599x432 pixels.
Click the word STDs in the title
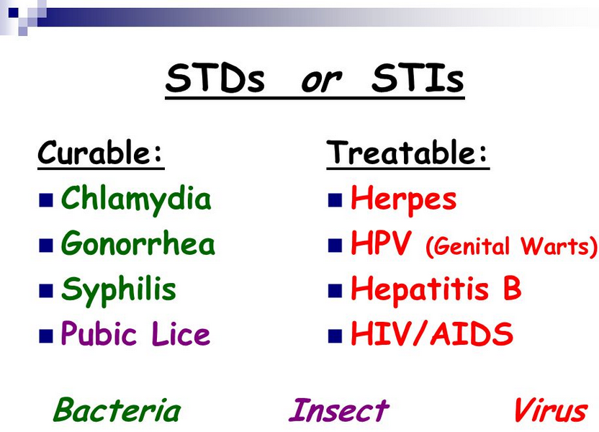tap(215, 78)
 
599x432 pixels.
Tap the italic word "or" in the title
tap(321, 80)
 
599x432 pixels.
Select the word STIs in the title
tap(418, 78)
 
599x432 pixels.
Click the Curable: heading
tap(101, 152)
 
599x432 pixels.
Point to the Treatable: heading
tap(407, 152)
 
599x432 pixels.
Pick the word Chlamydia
tap(136, 199)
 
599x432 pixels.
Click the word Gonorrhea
tap(138, 243)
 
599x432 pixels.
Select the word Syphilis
tap(118, 289)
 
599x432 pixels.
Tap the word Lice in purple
tap(181, 333)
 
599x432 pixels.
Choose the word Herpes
tap(403, 200)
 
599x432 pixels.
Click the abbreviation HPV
tap(381, 243)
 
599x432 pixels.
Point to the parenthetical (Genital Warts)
tap(511, 246)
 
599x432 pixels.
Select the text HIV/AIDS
tap(432, 333)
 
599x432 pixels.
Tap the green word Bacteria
tap(117, 410)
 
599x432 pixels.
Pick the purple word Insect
tap(339, 410)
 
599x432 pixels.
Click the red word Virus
tap(551, 410)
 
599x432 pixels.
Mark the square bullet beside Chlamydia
tap(46, 200)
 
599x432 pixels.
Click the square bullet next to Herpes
tap(335, 200)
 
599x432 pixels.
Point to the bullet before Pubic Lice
tap(46, 336)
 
